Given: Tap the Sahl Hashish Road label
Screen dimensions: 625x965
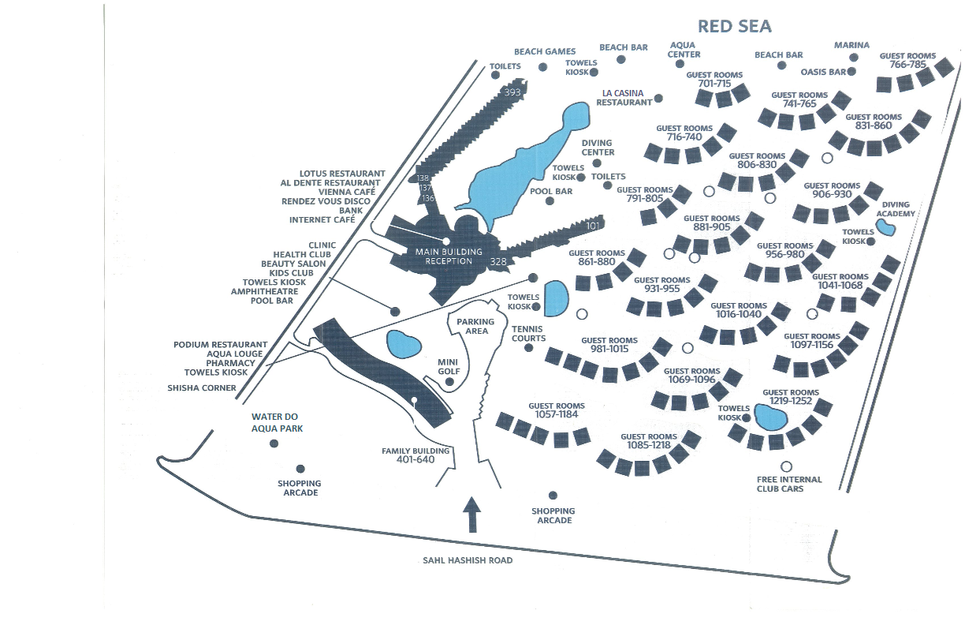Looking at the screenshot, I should click(468, 560).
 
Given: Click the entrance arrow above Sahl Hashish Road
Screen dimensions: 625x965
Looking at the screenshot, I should click(471, 515).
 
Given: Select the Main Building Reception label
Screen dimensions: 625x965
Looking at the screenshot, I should click(448, 256).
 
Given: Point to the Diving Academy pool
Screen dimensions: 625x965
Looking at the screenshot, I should click(886, 229).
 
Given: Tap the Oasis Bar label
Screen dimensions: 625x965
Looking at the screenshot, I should click(823, 72).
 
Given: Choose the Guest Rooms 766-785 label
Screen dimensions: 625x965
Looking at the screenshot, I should click(907, 60).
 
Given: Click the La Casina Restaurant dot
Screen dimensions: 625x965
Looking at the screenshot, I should click(658, 99).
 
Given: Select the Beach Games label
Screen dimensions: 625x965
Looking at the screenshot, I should click(545, 52).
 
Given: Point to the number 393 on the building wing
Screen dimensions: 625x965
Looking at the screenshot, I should click(512, 92).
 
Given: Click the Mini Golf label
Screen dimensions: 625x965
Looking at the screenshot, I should click(449, 367).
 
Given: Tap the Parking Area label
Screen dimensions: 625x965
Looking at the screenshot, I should click(476, 326).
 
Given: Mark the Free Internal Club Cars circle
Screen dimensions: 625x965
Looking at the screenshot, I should click(786, 466).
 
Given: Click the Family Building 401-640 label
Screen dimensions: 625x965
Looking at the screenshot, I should click(415, 455).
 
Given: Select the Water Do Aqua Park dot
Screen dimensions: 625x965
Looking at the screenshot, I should click(274, 443).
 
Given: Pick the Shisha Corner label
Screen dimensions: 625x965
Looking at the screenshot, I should click(202, 387).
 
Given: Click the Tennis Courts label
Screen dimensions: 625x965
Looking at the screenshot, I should click(528, 333).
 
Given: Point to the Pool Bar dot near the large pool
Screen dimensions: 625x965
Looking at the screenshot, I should click(550, 201).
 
